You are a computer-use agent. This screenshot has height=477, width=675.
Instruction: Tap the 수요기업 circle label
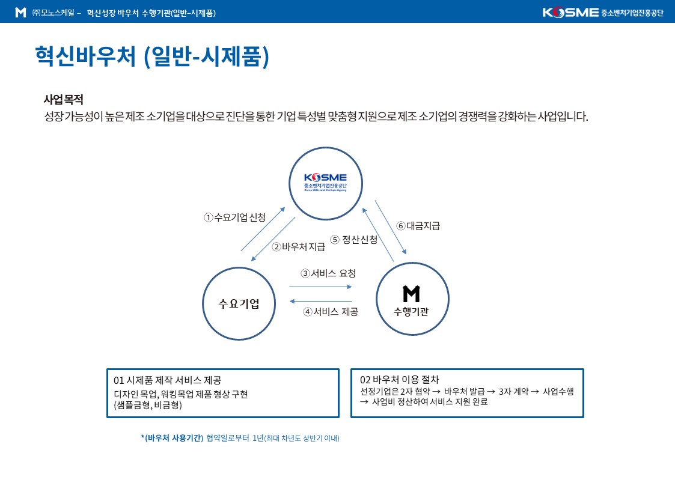coord(239,303)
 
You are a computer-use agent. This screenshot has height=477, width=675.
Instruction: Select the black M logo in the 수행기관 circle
coord(411,294)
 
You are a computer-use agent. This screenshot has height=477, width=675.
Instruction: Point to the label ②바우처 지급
coord(299,246)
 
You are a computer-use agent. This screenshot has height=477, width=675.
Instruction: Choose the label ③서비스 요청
coord(328,273)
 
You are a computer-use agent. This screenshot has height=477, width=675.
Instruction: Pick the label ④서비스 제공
coord(331,312)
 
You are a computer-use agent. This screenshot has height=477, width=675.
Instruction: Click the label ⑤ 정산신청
coord(354,239)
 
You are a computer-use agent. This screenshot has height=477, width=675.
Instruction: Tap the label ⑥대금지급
coord(418,226)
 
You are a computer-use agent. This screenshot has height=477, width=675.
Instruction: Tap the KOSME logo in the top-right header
coord(602,13)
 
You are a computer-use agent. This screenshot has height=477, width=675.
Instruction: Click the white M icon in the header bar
coord(20,13)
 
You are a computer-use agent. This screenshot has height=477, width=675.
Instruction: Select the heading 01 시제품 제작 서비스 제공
coord(167,380)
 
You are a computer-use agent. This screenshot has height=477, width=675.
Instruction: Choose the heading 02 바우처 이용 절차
coord(399,380)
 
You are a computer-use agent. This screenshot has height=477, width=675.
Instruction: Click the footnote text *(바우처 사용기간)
coord(172,438)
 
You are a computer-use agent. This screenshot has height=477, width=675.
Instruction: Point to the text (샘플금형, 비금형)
coord(147,405)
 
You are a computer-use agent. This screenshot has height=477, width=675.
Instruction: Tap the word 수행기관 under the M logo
coord(411,312)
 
